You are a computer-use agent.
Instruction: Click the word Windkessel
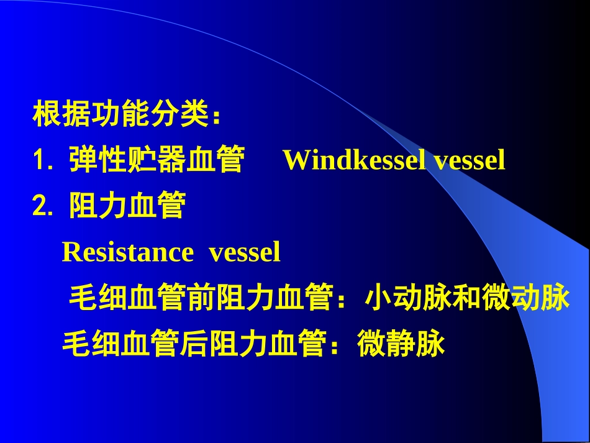[354, 160]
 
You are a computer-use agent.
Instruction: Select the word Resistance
[128, 252]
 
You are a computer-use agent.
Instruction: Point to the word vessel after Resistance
[245, 252]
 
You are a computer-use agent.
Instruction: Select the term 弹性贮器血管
[156, 160]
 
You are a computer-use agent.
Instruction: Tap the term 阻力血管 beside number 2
[127, 206]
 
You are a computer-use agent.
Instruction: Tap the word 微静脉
[401, 344]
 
